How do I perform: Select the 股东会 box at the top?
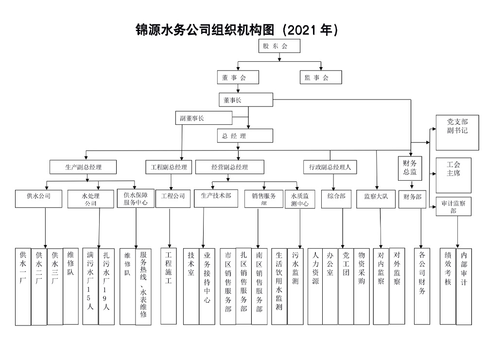click(279, 46)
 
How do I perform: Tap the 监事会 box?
click(320, 77)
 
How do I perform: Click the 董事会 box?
click(238, 77)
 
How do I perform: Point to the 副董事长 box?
click(204, 118)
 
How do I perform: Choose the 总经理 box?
click(242, 136)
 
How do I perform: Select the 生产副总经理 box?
click(84, 167)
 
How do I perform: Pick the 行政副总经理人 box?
click(330, 167)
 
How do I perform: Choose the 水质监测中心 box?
click(299, 199)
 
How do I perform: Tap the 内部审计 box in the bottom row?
click(464, 286)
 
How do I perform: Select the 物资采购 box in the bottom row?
click(361, 286)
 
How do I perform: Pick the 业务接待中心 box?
click(207, 286)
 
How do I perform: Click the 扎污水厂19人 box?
click(106, 286)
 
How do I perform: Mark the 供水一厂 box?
click(23, 286)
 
